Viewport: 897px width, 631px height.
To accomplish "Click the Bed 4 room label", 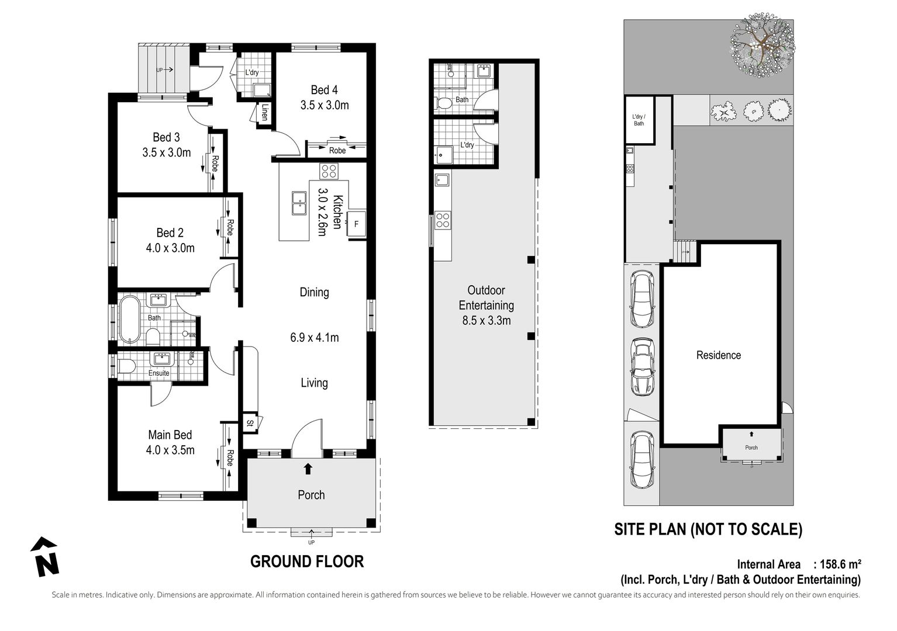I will pyautogui.click(x=324, y=90).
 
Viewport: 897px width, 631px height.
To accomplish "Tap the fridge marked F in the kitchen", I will pyautogui.click(x=356, y=223).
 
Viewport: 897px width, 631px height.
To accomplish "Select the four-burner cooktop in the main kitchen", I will pyautogui.click(x=328, y=171).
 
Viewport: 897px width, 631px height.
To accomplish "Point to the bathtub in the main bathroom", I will pyautogui.click(x=129, y=320).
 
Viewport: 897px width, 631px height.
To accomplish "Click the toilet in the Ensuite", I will pyautogui.click(x=126, y=366).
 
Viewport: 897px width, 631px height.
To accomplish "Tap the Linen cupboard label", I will pyautogui.click(x=264, y=112).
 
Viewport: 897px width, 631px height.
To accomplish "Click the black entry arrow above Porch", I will pyautogui.click(x=308, y=468).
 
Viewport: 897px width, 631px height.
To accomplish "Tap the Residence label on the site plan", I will pyautogui.click(x=718, y=355).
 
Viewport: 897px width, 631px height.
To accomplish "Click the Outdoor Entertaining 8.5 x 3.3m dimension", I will pyautogui.click(x=486, y=320).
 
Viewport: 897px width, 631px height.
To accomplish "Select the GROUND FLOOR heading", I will pyautogui.click(x=307, y=561).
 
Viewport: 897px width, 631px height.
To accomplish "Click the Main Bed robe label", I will pyautogui.click(x=230, y=457).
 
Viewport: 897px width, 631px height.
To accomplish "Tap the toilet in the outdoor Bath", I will pyautogui.click(x=445, y=104).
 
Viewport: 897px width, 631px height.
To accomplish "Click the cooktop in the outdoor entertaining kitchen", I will pyautogui.click(x=443, y=220).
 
